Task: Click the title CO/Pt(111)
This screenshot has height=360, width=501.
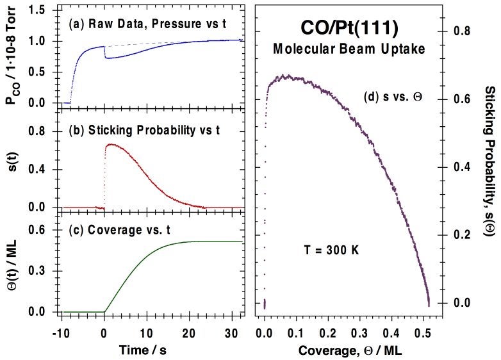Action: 346,28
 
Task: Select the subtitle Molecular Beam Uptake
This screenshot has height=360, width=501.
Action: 346,49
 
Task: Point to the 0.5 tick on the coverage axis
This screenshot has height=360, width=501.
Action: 329,332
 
